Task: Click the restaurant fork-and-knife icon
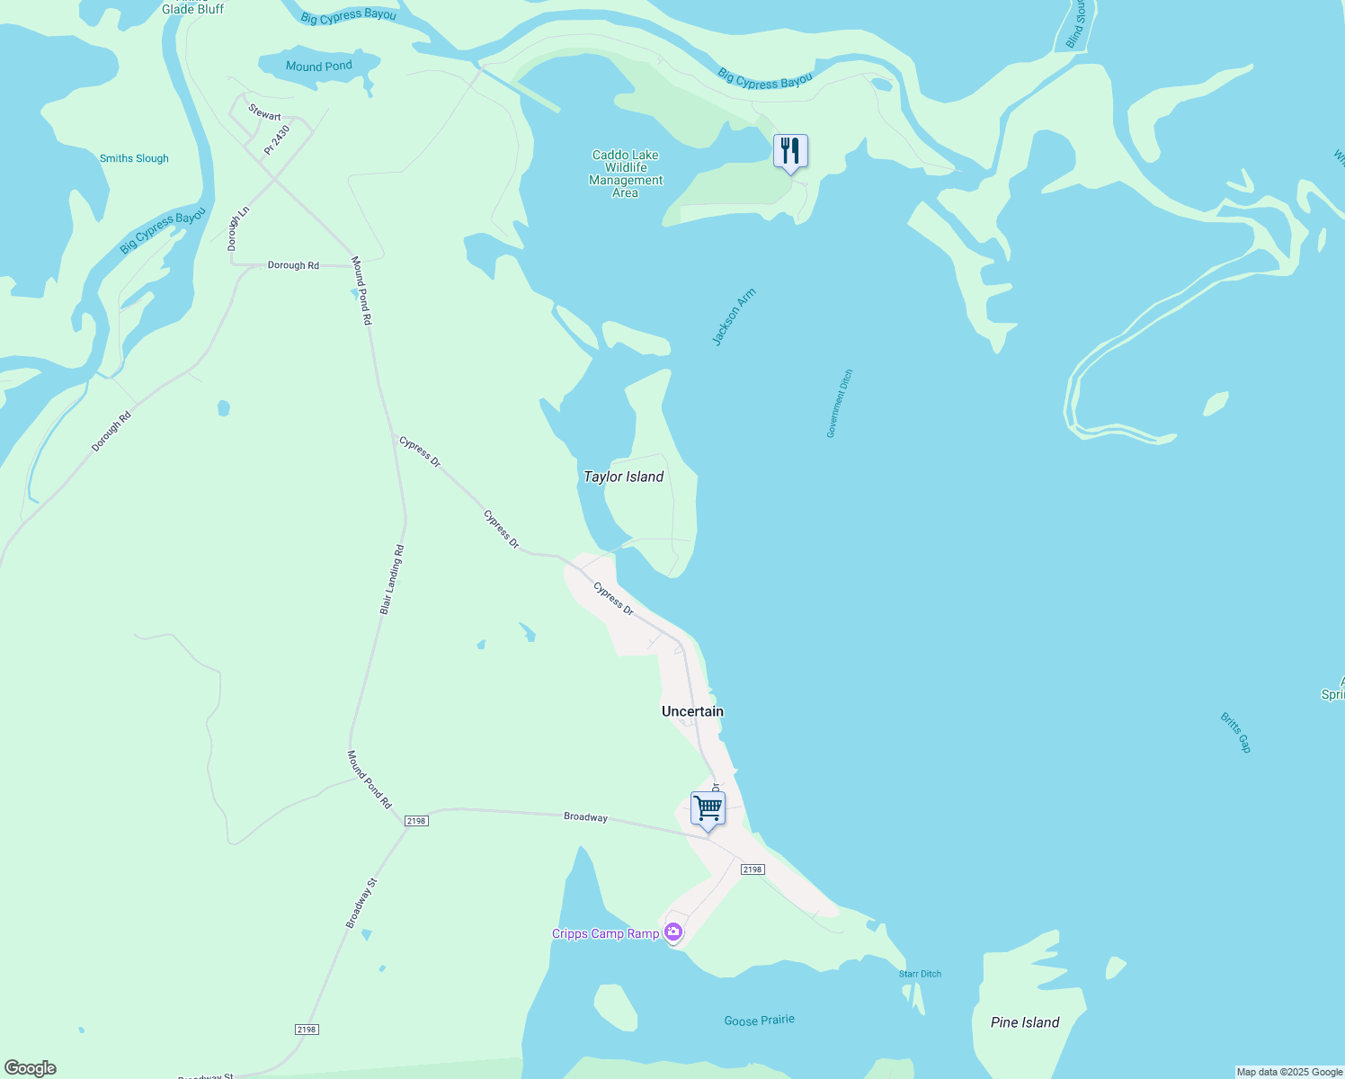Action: [790, 151]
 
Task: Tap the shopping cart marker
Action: [708, 808]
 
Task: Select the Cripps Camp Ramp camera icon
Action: [673, 932]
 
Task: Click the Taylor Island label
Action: [623, 477]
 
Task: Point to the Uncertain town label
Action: [692, 711]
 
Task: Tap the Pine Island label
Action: [1025, 1022]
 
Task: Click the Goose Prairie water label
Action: [760, 1021]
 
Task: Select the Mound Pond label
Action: [319, 67]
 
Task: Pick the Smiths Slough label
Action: [134, 158]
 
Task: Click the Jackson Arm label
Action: [734, 317]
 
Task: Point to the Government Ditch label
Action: [840, 404]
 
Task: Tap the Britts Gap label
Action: [1235, 732]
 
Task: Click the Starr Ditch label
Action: [920, 974]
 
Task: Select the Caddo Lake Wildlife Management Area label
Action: [626, 174]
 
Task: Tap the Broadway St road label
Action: [361, 903]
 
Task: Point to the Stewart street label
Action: [264, 115]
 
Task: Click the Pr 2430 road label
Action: [277, 139]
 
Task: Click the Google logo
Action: [31, 1068]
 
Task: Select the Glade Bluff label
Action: [192, 9]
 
